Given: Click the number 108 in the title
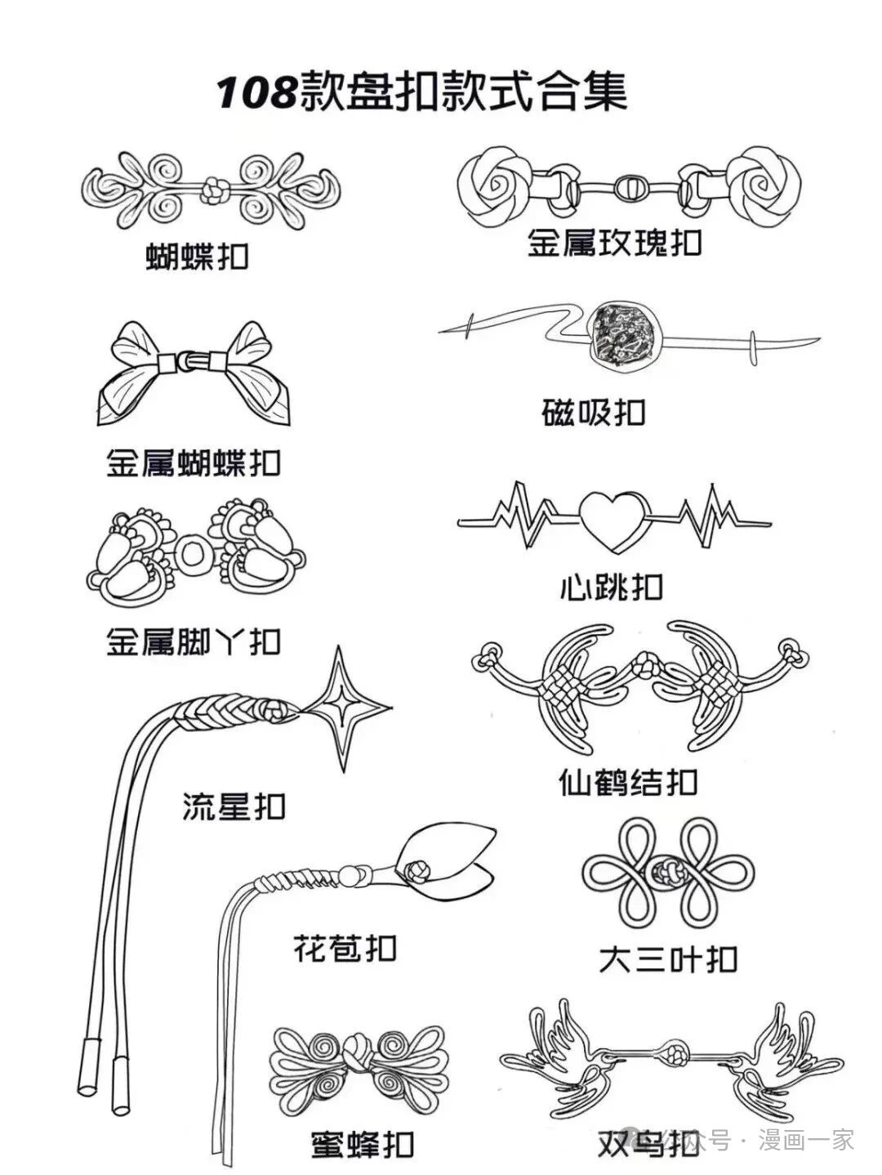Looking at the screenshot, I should tap(256, 93).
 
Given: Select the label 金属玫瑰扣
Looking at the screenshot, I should tap(614, 242).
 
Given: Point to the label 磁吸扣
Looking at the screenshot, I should tap(594, 411).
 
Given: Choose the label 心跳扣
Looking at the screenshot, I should tap(612, 586).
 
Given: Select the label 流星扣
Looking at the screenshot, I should tap(234, 806).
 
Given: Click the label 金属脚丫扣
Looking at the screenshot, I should tap(194, 641).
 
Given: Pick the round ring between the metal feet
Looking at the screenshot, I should tap(194, 554).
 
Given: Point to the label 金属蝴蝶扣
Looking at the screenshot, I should tap(194, 462).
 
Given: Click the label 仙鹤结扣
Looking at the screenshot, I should tap(628, 783).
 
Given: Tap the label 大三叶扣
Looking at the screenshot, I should tap(667, 958).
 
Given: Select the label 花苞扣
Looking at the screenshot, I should tap(344, 948).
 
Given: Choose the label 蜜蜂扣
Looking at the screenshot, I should tap(362, 1144).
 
